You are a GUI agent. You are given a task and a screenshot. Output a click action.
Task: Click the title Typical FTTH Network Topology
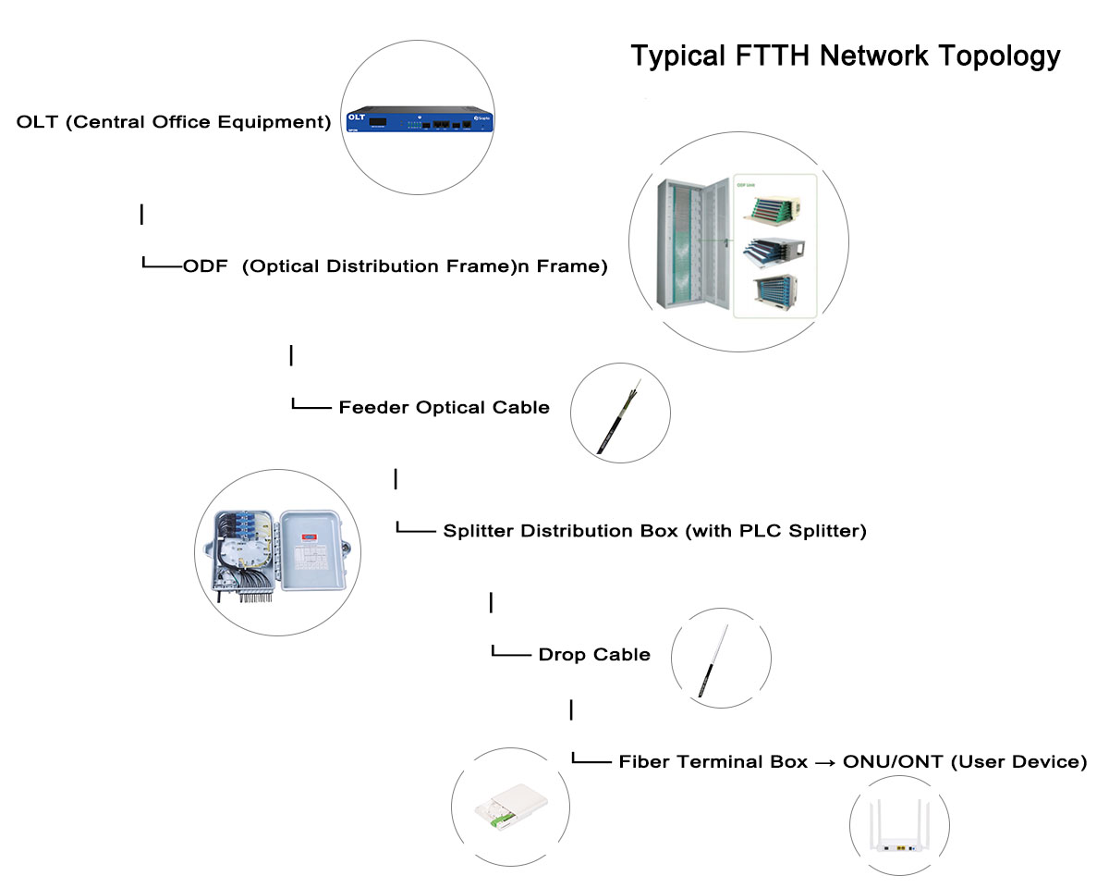[845, 55]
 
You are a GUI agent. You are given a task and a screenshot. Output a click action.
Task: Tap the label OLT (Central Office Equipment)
[174, 122]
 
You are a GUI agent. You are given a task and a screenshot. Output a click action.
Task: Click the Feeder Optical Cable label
[444, 408]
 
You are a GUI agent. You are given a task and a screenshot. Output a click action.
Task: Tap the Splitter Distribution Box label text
[654, 531]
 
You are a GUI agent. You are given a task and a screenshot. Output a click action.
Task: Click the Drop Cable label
[594, 655]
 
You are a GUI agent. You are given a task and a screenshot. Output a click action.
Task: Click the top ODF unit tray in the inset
[775, 209]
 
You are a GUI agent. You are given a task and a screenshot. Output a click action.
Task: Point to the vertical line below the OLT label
[141, 215]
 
